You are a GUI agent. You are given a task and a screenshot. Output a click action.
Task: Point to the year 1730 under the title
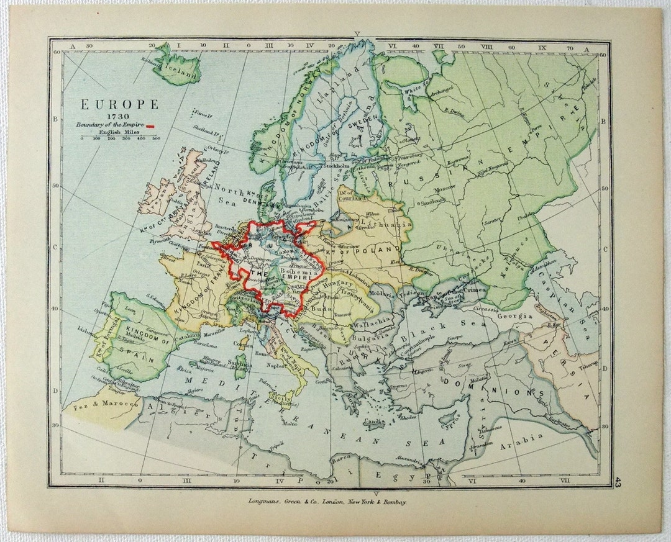click(117, 116)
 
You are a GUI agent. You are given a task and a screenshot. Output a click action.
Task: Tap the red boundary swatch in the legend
click(150, 126)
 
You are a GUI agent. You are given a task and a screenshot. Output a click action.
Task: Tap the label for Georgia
click(513, 315)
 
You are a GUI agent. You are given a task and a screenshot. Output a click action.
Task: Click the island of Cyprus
click(450, 427)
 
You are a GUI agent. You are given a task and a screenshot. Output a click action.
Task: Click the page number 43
click(618, 481)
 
